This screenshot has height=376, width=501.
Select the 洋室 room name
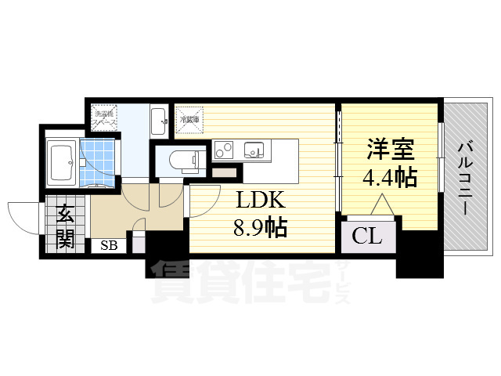click(x=389, y=149)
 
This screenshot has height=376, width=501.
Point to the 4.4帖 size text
click(x=389, y=178)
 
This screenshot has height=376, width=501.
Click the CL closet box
click(x=366, y=235)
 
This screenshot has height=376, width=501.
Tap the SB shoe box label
click(x=107, y=245)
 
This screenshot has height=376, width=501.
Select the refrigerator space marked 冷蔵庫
click(x=189, y=120)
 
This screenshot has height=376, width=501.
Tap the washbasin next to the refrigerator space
click(x=159, y=120)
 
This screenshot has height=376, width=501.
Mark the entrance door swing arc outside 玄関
click(x=23, y=212)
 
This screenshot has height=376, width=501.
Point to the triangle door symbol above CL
click(x=382, y=205)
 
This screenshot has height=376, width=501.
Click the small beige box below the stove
click(x=223, y=172)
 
